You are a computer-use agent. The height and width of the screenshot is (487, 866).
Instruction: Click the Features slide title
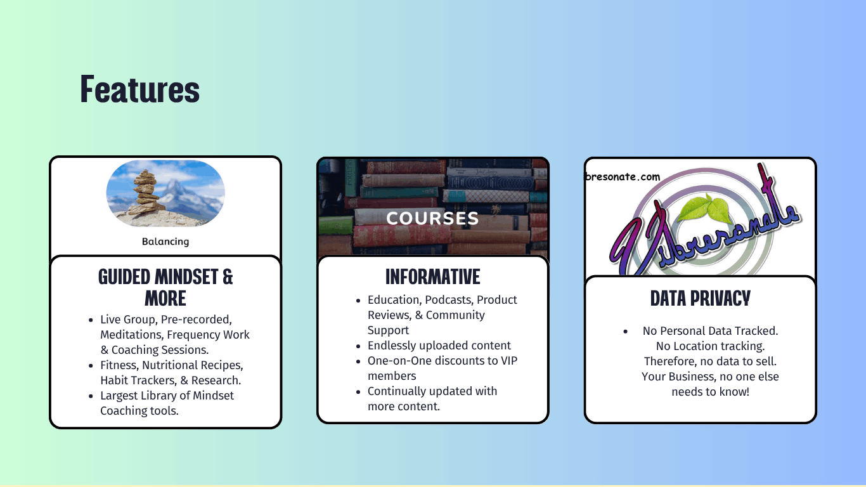click(x=139, y=89)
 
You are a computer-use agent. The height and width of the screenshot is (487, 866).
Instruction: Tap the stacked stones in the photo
click(x=146, y=192)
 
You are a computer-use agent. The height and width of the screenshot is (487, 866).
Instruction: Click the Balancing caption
click(x=165, y=242)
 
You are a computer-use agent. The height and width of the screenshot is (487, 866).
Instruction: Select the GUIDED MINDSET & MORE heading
click(x=165, y=287)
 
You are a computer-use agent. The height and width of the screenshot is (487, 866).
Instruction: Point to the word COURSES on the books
click(x=432, y=219)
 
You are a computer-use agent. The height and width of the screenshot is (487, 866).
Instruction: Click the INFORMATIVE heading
click(x=432, y=276)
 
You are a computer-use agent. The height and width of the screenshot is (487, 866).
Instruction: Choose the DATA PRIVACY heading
click(x=700, y=298)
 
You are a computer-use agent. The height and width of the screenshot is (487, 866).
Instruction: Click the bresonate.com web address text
click(x=623, y=177)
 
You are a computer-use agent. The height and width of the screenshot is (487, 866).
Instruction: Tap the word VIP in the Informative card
click(x=509, y=361)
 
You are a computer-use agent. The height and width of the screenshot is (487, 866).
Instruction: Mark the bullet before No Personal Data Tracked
click(x=625, y=331)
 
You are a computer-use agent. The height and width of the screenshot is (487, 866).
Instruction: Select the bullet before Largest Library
click(x=91, y=396)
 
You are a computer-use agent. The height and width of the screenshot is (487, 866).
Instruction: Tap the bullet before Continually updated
click(x=358, y=392)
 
